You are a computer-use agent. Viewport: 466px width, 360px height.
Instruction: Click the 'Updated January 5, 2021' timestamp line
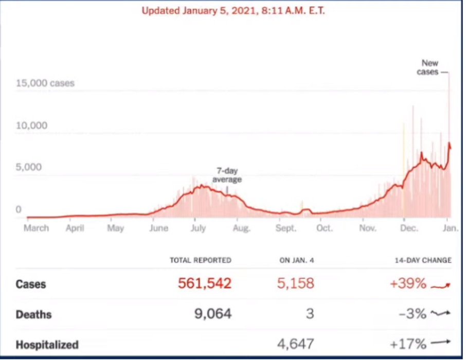tap(233, 11)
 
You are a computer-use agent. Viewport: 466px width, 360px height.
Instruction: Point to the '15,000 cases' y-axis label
tap(45, 83)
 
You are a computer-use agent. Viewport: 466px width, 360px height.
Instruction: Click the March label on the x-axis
tap(36, 228)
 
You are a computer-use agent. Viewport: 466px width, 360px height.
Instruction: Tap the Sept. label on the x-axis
tap(285, 228)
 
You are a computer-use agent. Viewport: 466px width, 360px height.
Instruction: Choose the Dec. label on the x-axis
tap(409, 228)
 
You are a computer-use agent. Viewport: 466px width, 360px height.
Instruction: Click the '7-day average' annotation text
tap(227, 175)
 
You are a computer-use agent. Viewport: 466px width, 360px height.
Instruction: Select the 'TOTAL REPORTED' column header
tap(200, 260)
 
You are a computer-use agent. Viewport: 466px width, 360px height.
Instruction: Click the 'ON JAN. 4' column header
tap(296, 260)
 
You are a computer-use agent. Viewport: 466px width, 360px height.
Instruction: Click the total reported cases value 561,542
tap(204, 283)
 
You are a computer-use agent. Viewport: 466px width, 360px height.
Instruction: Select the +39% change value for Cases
tap(408, 283)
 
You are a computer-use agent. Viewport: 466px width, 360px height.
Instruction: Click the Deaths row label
tap(33, 314)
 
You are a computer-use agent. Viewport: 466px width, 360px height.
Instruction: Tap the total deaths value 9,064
tap(212, 314)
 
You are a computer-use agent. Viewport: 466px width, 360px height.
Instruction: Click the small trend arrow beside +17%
tap(440, 342)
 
